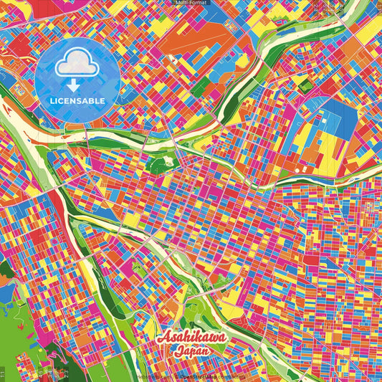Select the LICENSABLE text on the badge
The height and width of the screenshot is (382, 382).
[78, 101]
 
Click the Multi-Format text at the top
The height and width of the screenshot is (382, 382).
[191, 3]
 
